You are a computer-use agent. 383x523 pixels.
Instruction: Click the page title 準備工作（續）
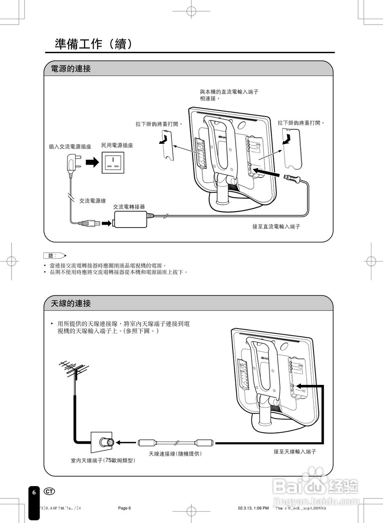94,44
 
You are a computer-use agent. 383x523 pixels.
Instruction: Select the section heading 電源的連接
71,69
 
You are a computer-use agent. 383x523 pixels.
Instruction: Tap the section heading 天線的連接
71,304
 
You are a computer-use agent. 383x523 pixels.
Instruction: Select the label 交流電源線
92,201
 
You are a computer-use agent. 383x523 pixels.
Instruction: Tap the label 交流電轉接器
129,207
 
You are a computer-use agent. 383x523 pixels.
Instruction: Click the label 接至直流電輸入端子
276,226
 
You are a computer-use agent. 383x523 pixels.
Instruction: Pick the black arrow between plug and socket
93,162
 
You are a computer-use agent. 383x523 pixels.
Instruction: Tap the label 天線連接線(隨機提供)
175,454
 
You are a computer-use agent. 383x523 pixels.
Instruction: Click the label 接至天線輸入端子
295,451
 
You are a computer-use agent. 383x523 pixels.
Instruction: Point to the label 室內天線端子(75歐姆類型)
103,460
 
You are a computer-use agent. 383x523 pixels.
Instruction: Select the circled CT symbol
49,491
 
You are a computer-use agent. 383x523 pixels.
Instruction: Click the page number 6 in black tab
34,492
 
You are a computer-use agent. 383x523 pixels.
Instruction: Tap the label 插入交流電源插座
70,146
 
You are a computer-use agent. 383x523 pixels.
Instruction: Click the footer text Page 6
124,508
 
